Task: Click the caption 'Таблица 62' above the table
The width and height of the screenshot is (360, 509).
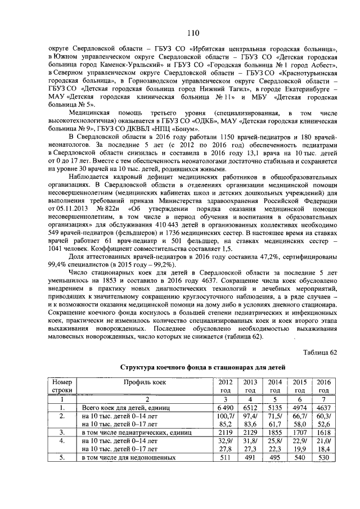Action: (x=319, y=352)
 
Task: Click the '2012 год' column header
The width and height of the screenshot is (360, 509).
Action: (x=223, y=386)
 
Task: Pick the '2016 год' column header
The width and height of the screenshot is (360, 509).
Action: (x=323, y=386)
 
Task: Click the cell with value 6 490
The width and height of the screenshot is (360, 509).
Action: (x=223, y=406)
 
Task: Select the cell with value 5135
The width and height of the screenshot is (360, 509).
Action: (x=275, y=406)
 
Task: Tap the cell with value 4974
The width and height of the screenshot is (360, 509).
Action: (x=300, y=406)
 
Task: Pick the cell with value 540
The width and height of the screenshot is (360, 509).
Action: (x=300, y=458)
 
